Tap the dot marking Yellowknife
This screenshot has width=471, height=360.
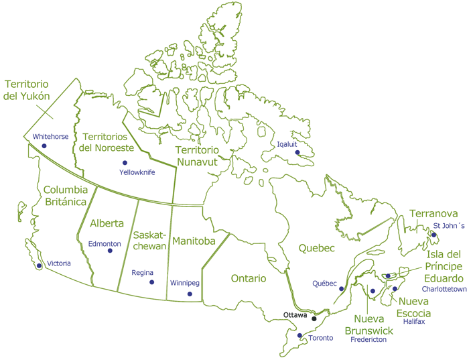[x=125, y=163]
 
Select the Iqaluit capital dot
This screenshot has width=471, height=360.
[x=297, y=153]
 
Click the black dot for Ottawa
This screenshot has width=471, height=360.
[x=314, y=318]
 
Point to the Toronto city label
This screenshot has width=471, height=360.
[x=320, y=338]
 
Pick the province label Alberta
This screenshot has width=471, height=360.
[x=107, y=224]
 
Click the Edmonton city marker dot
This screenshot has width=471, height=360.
[x=110, y=251]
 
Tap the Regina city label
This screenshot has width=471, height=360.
[x=143, y=273]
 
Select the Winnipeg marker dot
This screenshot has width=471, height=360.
[x=190, y=294]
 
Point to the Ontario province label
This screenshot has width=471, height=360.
[x=248, y=278]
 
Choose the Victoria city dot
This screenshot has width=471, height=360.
[x=40, y=266]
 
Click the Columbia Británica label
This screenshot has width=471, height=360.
[x=65, y=196]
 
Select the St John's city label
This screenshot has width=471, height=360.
[x=449, y=225]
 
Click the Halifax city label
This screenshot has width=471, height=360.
[x=414, y=322]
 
